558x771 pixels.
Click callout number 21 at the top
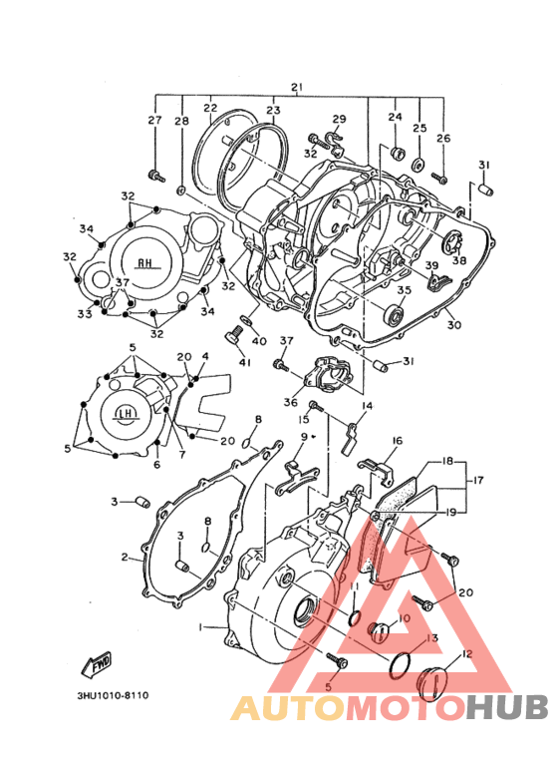(295, 88)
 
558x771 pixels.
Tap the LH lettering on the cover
(126, 414)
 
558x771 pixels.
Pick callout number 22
(210, 108)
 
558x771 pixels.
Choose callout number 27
(154, 121)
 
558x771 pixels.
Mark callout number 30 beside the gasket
(453, 325)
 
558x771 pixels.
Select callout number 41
(241, 362)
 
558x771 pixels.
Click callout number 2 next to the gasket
(125, 558)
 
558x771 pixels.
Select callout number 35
(404, 290)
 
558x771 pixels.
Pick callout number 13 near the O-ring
(431, 638)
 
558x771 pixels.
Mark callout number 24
(395, 118)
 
